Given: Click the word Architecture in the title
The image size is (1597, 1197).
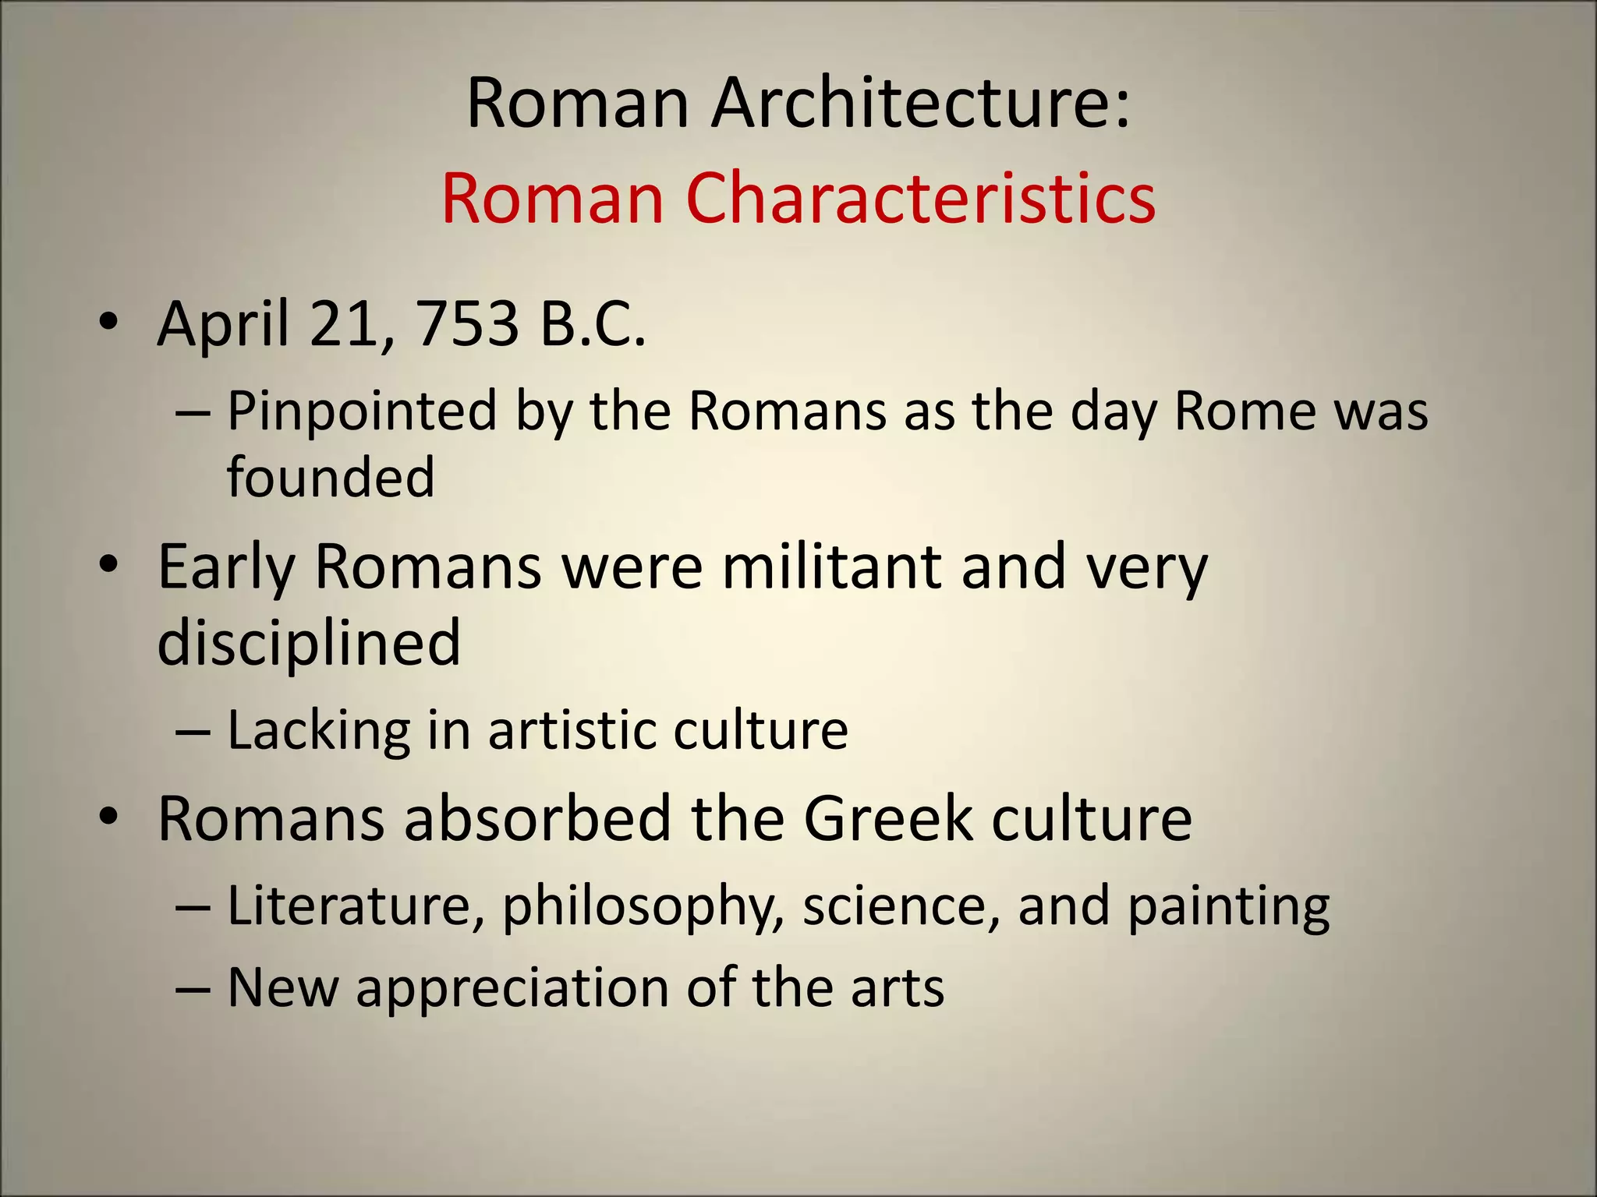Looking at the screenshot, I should point(920,104).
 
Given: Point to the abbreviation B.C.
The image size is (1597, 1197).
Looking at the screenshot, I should point(593,323).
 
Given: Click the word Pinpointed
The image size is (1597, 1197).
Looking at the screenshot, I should point(362,411).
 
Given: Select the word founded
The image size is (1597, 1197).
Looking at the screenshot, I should point(331,477).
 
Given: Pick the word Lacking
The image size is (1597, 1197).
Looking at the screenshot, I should point(318,731).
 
